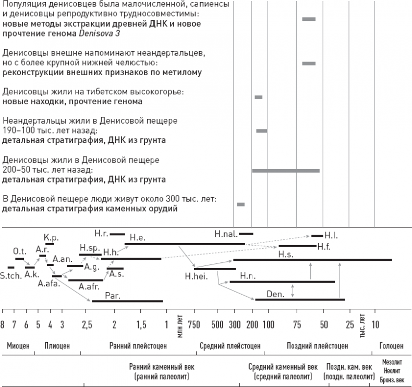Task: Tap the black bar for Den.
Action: click(300, 299)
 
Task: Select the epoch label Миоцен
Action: click(18, 345)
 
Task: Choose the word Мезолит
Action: click(392, 360)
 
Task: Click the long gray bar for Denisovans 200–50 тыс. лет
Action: click(285, 171)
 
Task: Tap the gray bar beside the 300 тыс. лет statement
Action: click(240, 204)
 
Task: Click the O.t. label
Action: click(19, 251)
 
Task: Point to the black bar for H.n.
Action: click(282, 282)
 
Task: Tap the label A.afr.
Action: click(89, 286)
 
